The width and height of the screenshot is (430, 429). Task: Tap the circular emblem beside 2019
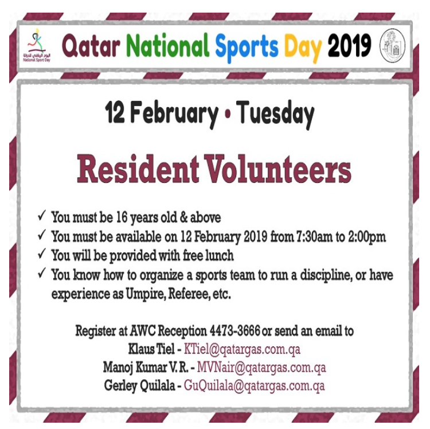point(392,45)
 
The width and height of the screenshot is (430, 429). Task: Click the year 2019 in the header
point(350,45)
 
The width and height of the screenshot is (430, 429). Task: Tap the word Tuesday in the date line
point(275,114)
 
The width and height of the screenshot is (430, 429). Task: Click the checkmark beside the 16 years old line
point(41,217)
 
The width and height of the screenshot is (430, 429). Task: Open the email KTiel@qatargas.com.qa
point(242,349)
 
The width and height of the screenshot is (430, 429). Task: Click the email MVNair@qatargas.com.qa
point(261,367)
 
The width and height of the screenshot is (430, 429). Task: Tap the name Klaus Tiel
point(151,349)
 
